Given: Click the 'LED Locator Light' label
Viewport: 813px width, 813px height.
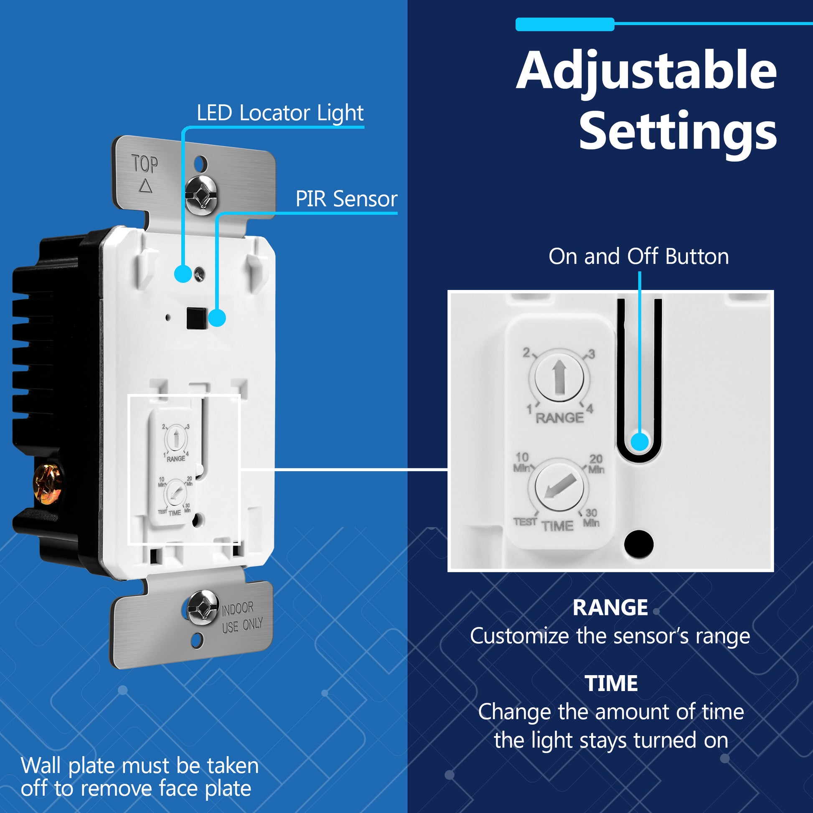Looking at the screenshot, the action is (x=280, y=113).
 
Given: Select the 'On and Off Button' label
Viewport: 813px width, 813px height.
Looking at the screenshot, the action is (x=638, y=256).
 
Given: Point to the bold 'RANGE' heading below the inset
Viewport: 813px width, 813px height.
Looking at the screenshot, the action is (x=610, y=607).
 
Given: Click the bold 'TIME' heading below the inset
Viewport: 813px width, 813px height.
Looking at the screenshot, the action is (x=611, y=683).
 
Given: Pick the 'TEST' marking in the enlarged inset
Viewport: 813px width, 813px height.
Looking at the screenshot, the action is (x=525, y=522).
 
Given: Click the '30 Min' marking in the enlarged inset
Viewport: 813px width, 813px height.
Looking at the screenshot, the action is (x=591, y=518).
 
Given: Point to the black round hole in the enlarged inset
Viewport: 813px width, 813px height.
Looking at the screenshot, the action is (x=639, y=544).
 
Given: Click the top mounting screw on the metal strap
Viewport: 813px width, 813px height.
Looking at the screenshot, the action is (x=201, y=194).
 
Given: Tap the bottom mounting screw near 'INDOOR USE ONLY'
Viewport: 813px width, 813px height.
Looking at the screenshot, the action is (x=202, y=607).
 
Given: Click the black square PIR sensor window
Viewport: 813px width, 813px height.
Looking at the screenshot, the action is (x=196, y=318).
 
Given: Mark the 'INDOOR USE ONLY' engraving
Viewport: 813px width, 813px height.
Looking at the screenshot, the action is (x=242, y=618).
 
